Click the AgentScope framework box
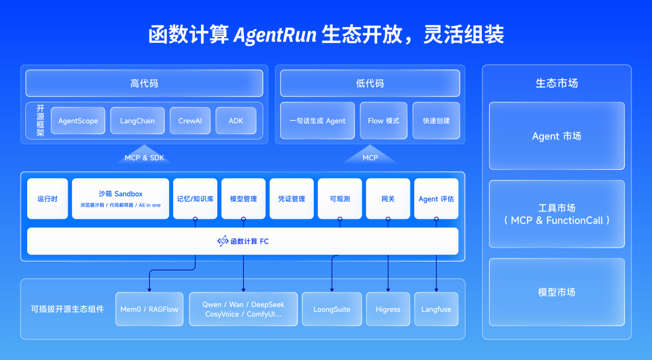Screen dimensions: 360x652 [x=78, y=121]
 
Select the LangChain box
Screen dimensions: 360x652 [x=137, y=121]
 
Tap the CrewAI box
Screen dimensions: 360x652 [x=190, y=121]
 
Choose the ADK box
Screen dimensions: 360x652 [x=235, y=121]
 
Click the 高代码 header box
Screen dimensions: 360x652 [x=144, y=83]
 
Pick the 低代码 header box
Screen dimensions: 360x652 [x=369, y=83]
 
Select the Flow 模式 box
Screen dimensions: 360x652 [x=383, y=121]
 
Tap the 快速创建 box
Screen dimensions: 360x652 [x=436, y=121]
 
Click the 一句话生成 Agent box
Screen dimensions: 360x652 [x=318, y=121]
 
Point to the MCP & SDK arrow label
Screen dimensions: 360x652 [x=144, y=158]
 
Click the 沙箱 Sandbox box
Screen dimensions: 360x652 [x=120, y=198]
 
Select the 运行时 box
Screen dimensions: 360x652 [x=47, y=199]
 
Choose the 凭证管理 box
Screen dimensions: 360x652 [x=292, y=199]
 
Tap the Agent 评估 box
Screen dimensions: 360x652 [x=436, y=199]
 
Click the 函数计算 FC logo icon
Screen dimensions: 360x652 [x=223, y=241]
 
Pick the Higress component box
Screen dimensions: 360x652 [x=388, y=309]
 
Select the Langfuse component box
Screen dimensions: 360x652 [x=436, y=309]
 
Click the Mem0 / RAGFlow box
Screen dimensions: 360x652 [x=149, y=309]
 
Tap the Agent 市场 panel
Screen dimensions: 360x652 [x=556, y=136]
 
